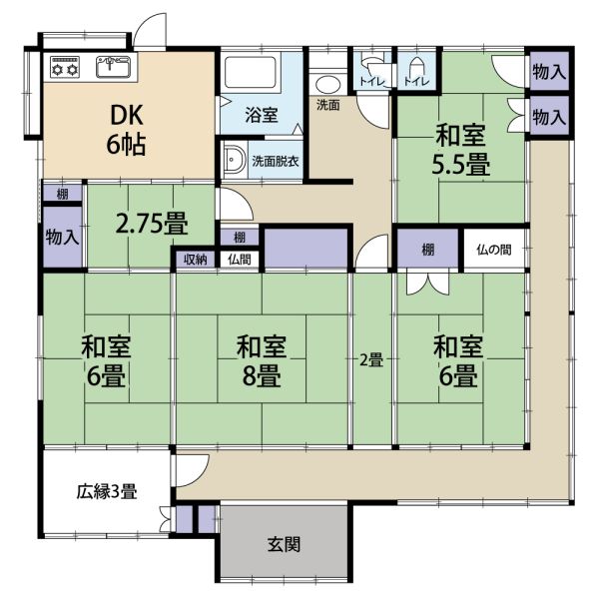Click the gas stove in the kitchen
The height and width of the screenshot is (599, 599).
click(65, 67)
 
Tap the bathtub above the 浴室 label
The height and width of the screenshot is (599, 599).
click(251, 73)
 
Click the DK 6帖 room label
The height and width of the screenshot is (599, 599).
click(126, 130)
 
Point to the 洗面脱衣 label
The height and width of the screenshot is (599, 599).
click(276, 161)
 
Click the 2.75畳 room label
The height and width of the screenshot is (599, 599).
click(152, 224)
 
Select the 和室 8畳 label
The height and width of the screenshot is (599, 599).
click(262, 361)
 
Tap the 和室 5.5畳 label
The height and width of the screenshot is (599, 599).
click(460, 151)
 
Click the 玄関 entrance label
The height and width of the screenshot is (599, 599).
click(284, 544)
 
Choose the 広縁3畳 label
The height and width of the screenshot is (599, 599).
click(107, 491)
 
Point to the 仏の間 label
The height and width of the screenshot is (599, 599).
click(494, 250)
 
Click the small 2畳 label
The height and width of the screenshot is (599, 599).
click(371, 360)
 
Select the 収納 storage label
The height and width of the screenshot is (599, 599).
click(196, 260)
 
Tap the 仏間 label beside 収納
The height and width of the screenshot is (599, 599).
click(240, 260)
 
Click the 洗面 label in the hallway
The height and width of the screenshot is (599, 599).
click(328, 105)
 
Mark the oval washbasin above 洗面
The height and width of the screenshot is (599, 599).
click(328, 85)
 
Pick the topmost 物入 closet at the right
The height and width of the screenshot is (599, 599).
click(549, 72)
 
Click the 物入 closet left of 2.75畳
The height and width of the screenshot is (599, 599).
click(62, 238)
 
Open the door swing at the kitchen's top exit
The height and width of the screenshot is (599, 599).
click(149, 30)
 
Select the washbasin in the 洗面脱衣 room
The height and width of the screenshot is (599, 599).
click(235, 161)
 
